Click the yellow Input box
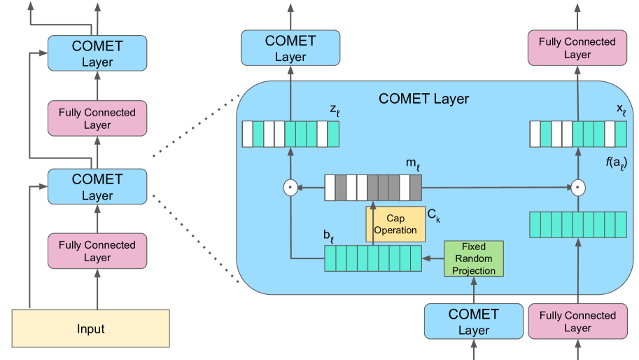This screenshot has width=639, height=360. pyautogui.click(x=91, y=328)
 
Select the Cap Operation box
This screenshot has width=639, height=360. pyautogui.click(x=395, y=224)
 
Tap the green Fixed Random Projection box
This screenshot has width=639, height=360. pyautogui.click(x=474, y=258)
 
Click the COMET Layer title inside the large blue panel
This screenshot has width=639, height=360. pyautogui.click(x=423, y=99)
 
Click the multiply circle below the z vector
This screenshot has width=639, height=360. pyautogui.click(x=290, y=188)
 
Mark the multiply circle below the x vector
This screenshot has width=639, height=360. pyautogui.click(x=578, y=188)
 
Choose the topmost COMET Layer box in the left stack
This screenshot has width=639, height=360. pyautogui.click(x=97, y=53)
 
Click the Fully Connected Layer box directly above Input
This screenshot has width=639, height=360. pyautogui.click(x=97, y=251)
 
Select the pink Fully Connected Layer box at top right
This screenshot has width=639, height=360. pyautogui.click(x=577, y=48)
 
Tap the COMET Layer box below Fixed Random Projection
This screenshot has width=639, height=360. pyautogui.click(x=473, y=321)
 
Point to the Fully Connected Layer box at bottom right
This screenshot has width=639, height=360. pyautogui.click(x=577, y=321)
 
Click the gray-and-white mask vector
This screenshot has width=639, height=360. pyautogui.click(x=373, y=188)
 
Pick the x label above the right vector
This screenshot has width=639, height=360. pyautogui.click(x=620, y=111)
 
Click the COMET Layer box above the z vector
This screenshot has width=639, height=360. pyautogui.click(x=290, y=48)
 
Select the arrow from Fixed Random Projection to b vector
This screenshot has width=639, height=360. pyautogui.click(x=433, y=258)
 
